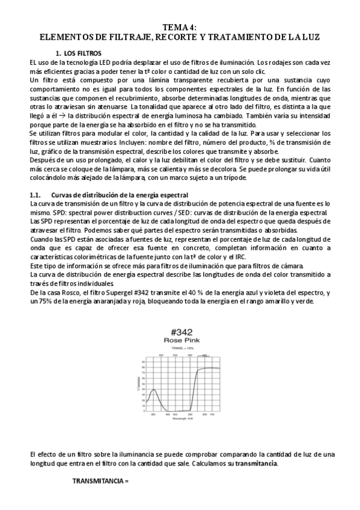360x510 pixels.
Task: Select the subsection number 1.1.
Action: point(35,195)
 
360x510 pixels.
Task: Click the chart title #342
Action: point(180,333)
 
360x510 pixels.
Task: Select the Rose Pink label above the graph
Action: point(180,340)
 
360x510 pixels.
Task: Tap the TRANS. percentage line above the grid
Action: point(180,348)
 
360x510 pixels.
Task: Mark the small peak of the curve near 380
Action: point(154,390)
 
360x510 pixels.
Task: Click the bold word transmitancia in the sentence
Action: point(258,465)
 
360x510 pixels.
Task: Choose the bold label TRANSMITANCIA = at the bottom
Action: point(100,482)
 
